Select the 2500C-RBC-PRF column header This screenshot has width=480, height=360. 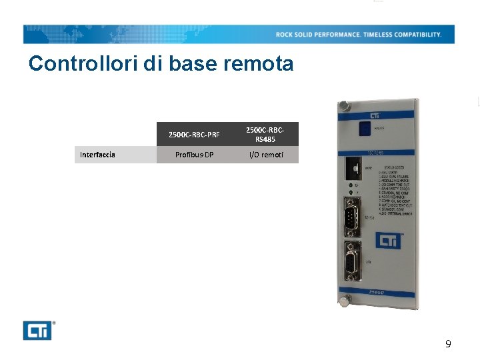[194, 135]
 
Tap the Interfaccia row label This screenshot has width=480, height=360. [97, 155]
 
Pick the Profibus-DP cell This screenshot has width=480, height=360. [194, 155]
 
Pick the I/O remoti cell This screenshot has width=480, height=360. [265, 155]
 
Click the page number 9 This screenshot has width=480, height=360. [448, 344]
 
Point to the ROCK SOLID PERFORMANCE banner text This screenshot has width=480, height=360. [359, 34]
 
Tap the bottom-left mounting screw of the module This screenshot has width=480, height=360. [344, 301]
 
